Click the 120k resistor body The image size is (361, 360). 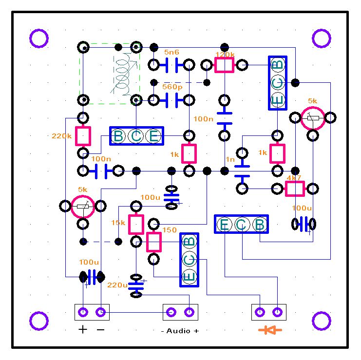coord(225,65)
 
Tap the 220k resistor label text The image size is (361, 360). coord(61,136)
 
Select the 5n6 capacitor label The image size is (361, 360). coord(171,52)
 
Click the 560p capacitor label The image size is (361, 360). coord(172,87)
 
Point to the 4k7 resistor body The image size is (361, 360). coord(294,189)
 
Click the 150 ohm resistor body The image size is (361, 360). coord(154,242)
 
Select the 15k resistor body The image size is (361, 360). coord(136,224)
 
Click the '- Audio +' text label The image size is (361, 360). coord(180,331)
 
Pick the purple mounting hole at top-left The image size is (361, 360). coord(39,38)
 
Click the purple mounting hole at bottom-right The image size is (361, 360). coord(322,321)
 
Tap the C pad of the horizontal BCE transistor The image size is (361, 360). coord(136,136)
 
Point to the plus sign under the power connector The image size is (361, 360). coord(83,330)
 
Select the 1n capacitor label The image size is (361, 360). coord(230,159)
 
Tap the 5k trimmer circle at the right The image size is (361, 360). coord(312,118)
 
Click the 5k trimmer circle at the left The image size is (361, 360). coord(83,207)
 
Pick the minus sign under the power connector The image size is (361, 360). coord(100,330)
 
